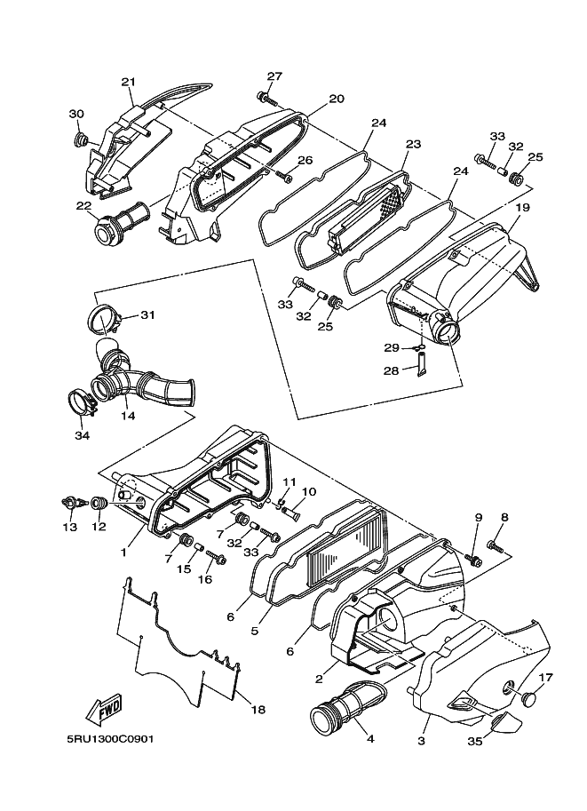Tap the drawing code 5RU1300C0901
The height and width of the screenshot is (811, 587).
(109, 738)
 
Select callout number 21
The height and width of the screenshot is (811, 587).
(128, 83)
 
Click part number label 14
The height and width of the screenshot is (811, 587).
(128, 416)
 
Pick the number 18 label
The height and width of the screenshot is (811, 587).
(258, 710)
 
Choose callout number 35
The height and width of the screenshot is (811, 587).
(475, 741)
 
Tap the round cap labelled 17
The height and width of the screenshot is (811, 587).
(529, 699)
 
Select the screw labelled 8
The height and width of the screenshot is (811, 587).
(496, 545)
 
